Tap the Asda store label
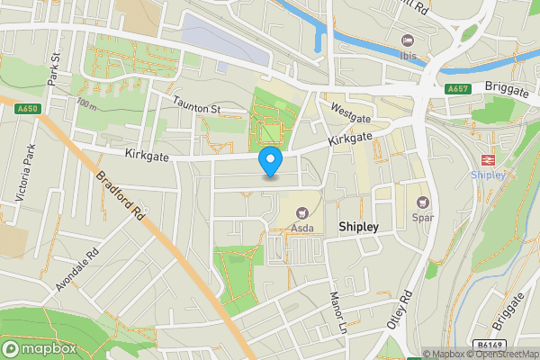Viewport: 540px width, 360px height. pyautogui.click(x=301, y=229)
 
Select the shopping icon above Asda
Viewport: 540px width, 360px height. pyautogui.click(x=301, y=213)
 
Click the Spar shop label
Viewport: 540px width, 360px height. pyautogui.click(x=423, y=217)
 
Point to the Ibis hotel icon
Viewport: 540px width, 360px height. pyautogui.click(x=408, y=40)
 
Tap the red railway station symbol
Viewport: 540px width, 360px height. pyautogui.click(x=487, y=158)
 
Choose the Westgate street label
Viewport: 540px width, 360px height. pyautogui.click(x=351, y=112)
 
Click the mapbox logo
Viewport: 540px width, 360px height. pyautogui.click(x=39, y=348)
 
